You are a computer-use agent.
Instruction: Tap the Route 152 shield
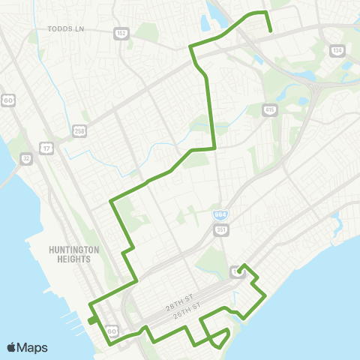pyautogui.click(x=121, y=34)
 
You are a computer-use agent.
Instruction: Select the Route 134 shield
pyautogui.click(x=337, y=51)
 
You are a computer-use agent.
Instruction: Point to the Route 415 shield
pyautogui.click(x=269, y=110)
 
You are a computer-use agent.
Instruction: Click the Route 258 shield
pyautogui.click(x=79, y=131)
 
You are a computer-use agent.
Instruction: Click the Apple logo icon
pyautogui.click(x=11, y=347)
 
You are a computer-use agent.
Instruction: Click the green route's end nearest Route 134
pyautogui.click(x=270, y=32)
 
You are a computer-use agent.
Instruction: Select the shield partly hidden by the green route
pyautogui.click(x=235, y=271)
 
